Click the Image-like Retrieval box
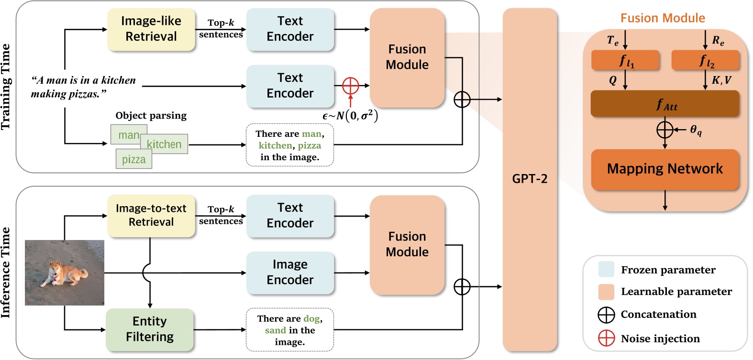[x=151, y=29]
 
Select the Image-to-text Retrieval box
[x=151, y=216]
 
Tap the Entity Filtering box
[x=150, y=329]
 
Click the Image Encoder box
[x=290, y=273]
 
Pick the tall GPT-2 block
[x=530, y=179]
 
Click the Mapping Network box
[x=665, y=169]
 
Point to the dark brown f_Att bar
[x=665, y=104]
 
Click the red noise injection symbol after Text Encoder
[x=351, y=86]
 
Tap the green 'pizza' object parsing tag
[x=134, y=159]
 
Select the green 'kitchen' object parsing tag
[x=164, y=144]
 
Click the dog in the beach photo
[x=67, y=273]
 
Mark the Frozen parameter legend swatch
[x=606, y=269]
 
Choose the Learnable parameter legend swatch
[x=606, y=292]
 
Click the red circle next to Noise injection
[x=606, y=338]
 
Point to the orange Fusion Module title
[x=663, y=18]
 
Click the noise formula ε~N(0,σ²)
[x=350, y=116]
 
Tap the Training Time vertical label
[x=6, y=87]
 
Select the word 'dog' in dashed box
[x=311, y=318]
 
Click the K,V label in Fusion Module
[x=721, y=80]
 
